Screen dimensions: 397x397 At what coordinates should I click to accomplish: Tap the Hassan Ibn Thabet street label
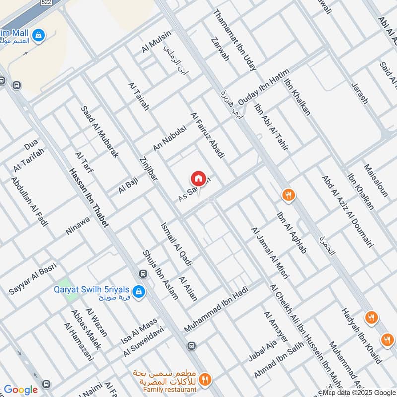pyautogui.click(x=90, y=199)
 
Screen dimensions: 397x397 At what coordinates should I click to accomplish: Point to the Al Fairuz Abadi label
pyautogui.click(x=208, y=135)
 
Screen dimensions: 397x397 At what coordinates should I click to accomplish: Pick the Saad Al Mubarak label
pyautogui.click(x=100, y=132)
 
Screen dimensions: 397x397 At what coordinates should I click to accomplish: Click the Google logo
pyautogui.click(x=21, y=390)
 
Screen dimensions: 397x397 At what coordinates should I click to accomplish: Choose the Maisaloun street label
pyautogui.click(x=376, y=180)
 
